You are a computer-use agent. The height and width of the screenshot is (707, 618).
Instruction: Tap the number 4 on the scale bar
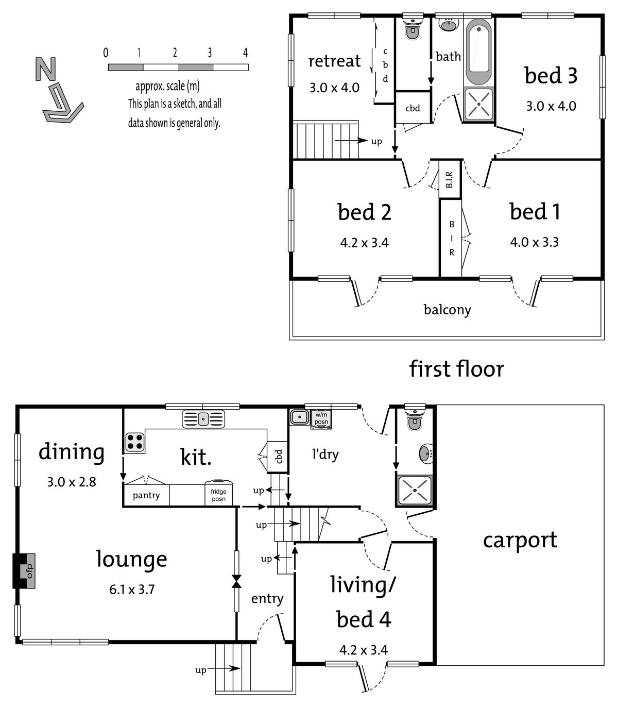point(245,53)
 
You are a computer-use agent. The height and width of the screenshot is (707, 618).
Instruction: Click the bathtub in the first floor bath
point(478,52)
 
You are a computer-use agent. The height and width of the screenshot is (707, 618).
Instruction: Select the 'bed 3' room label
point(551,75)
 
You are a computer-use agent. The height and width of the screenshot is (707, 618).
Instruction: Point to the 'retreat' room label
point(334,61)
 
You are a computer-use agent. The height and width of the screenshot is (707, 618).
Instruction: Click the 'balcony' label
point(447,310)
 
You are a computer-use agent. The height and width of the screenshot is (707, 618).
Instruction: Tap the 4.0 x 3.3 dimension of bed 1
point(534,242)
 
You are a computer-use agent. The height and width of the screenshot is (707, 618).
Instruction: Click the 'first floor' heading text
point(456,369)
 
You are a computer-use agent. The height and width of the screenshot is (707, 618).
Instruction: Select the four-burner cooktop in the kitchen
point(134,442)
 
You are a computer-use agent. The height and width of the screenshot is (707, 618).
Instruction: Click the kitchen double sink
point(203,419)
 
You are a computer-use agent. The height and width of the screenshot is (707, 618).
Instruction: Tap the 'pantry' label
point(146,496)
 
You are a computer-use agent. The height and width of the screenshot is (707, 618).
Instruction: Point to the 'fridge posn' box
point(218,494)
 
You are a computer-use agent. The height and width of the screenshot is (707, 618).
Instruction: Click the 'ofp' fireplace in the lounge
point(25,570)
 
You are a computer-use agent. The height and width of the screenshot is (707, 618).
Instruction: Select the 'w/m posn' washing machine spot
point(321,419)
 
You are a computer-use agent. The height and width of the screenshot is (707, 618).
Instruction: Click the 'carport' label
point(520,540)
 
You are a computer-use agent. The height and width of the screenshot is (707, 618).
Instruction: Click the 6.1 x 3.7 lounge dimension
point(132,590)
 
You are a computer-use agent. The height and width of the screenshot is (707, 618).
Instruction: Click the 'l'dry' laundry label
point(325,454)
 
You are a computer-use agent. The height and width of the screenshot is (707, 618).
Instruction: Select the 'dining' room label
point(72,452)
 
